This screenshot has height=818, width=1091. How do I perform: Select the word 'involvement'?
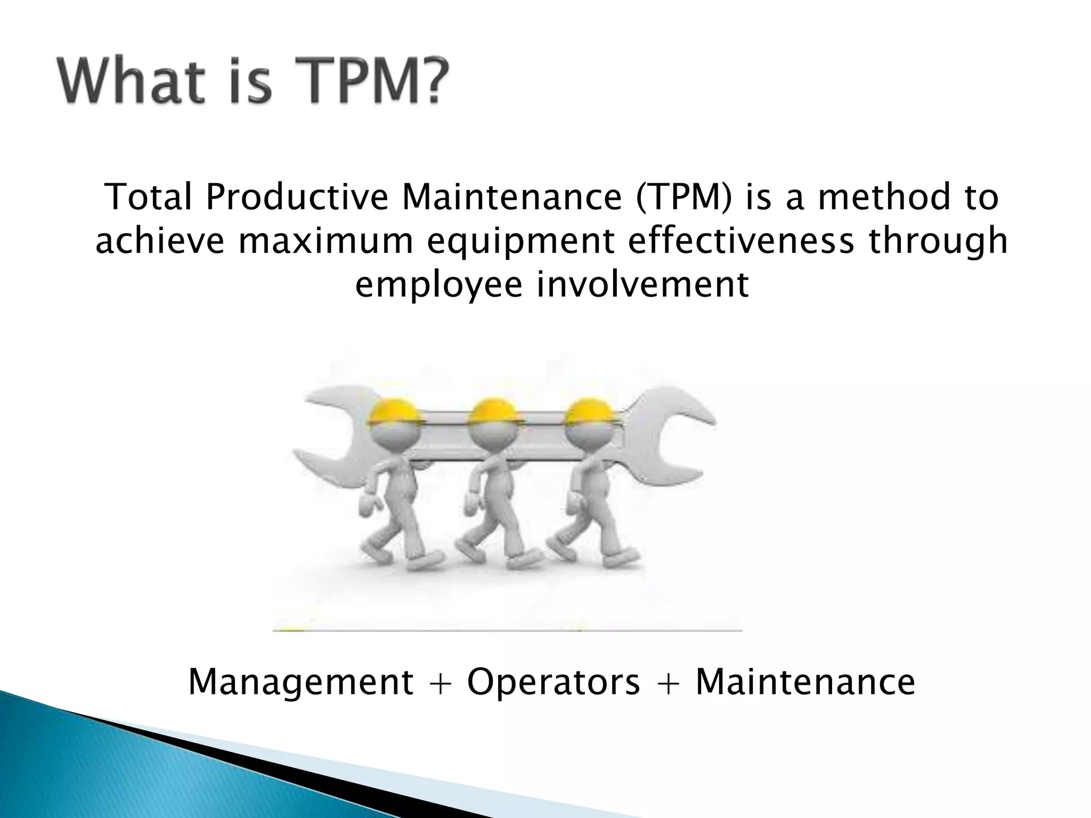642,285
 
